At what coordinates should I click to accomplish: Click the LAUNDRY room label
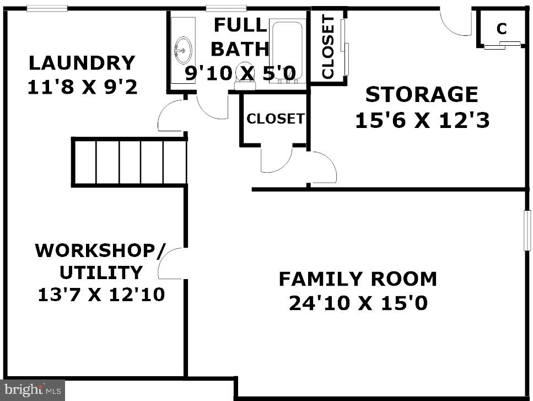82,63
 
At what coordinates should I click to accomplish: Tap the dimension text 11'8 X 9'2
82,87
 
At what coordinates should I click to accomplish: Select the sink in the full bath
183,50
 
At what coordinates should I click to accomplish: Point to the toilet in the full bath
245,76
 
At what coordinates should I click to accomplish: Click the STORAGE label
422,94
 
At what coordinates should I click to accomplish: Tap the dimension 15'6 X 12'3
422,120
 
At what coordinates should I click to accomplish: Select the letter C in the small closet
502,29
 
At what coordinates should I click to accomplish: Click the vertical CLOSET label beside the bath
328,46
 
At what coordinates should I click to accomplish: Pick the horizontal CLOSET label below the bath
276,119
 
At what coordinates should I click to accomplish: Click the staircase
129,162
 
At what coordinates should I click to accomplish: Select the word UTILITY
101,272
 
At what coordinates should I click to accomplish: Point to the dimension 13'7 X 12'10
101,295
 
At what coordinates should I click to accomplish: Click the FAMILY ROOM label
358,279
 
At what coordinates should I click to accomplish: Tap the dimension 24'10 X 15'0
358,303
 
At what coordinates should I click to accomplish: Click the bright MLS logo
33,390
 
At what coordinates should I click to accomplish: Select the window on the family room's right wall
527,231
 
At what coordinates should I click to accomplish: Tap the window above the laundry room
47,8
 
